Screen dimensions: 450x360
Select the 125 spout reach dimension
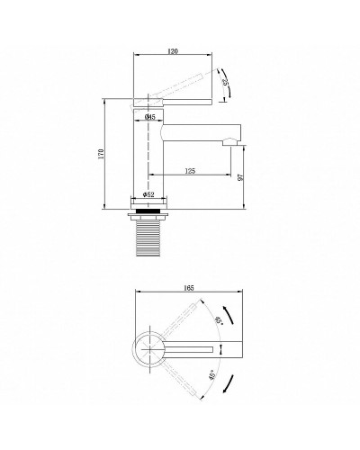(x=189, y=168)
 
